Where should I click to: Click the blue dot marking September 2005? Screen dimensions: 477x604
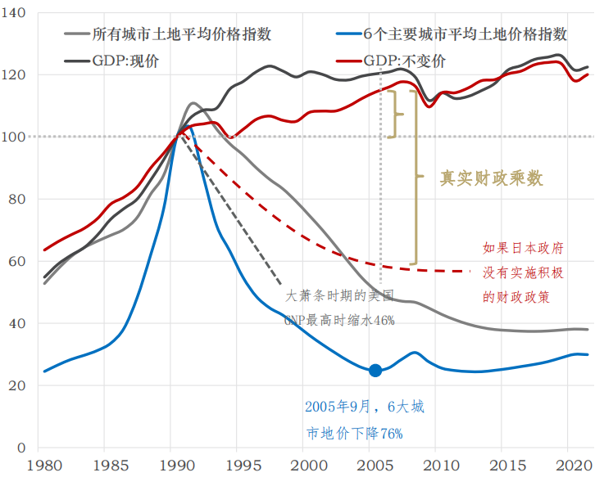375,371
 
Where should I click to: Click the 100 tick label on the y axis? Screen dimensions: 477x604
16,137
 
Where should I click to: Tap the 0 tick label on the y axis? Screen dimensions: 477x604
23,448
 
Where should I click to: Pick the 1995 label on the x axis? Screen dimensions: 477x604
243,465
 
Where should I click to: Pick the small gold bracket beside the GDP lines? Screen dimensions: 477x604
397,113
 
